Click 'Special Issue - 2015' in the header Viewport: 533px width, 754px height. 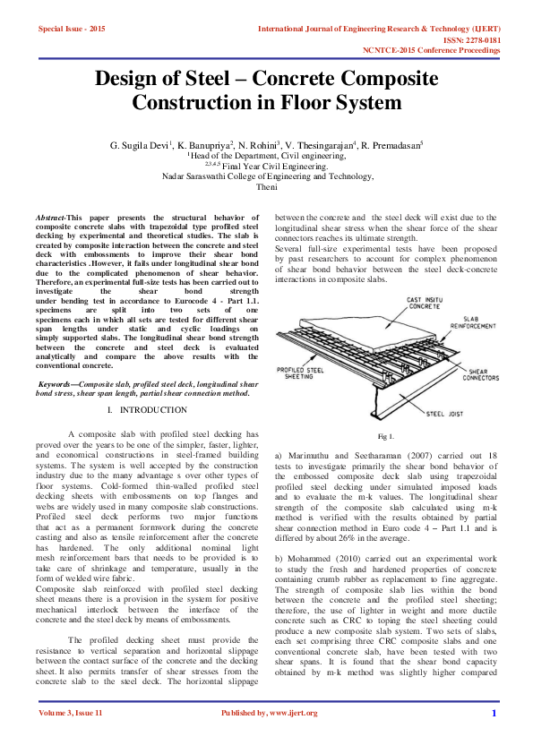[71, 30]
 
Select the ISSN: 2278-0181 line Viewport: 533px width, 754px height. [467, 40]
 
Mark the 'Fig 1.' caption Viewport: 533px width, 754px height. [386, 436]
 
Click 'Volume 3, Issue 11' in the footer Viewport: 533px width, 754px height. [71, 712]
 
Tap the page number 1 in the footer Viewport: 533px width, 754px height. [494, 712]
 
